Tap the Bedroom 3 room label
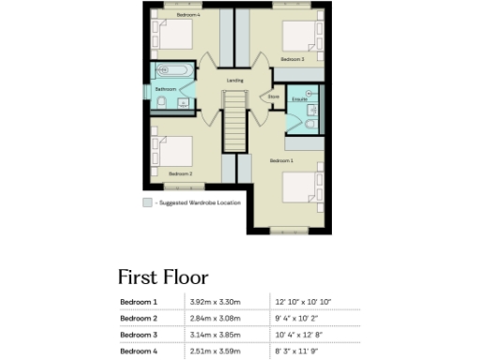[292, 59]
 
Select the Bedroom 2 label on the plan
[180, 173]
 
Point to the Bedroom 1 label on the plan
[282, 161]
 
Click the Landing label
[235, 81]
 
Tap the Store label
[274, 96]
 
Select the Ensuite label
[300, 98]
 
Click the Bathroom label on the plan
[165, 89]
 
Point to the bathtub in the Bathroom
[172, 70]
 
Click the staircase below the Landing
[235, 120]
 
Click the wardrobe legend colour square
[146, 202]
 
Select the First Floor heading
[162, 277]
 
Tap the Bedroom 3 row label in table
[139, 334]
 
